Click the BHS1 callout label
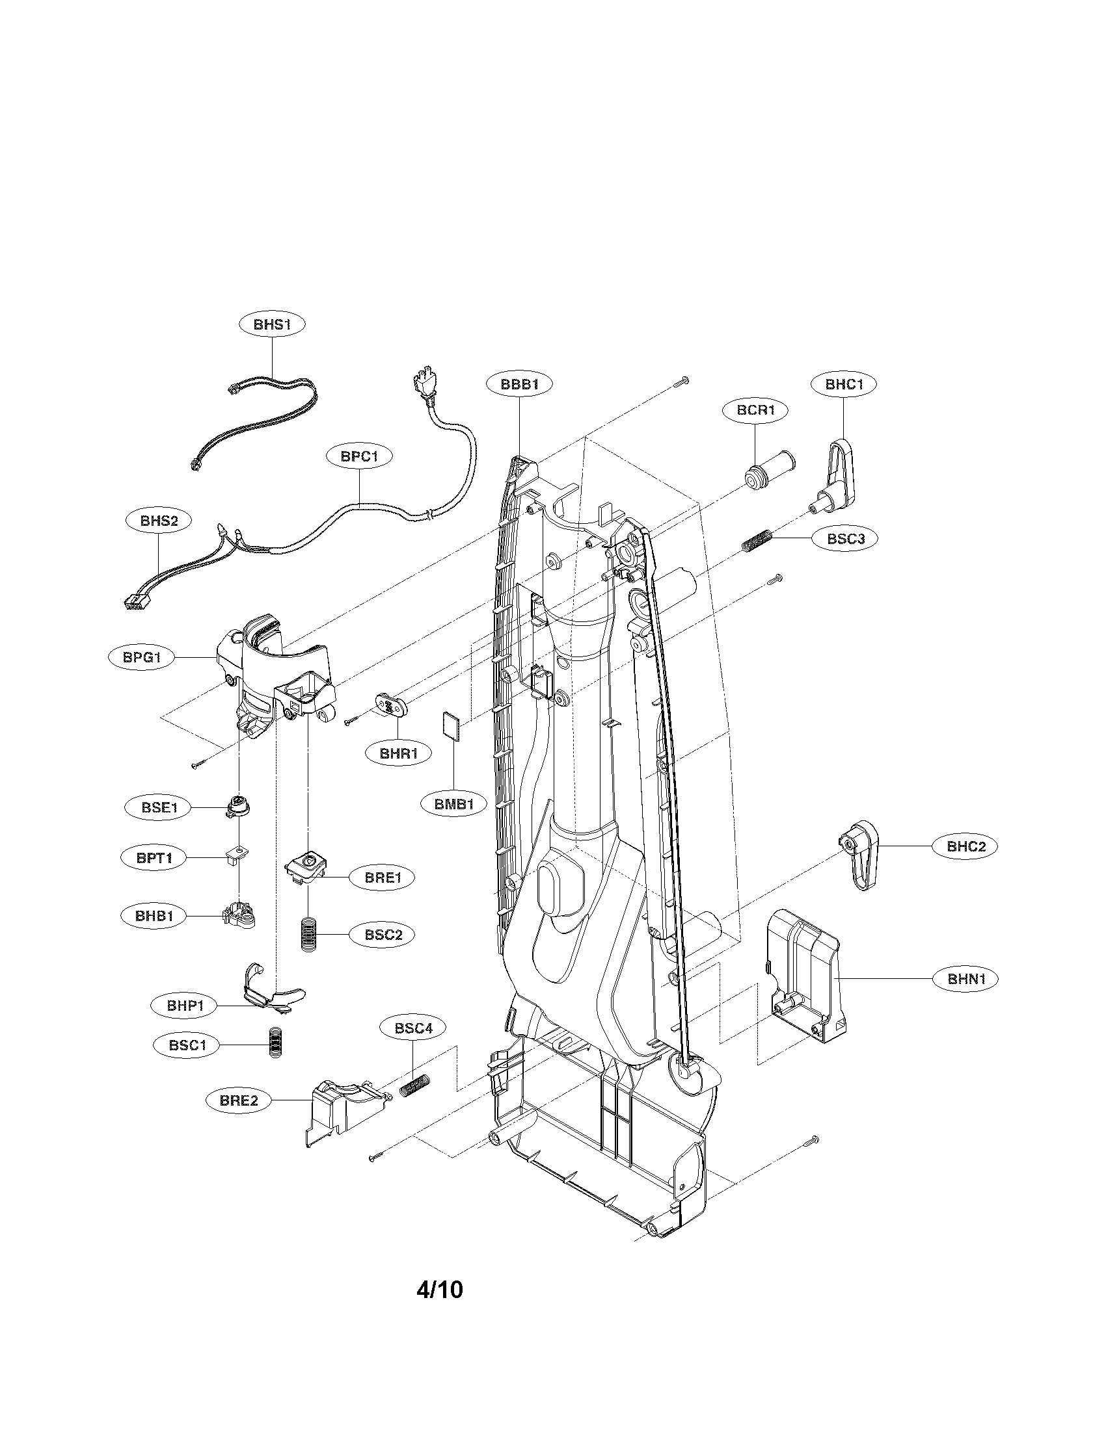coord(271,325)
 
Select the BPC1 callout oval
coord(359,456)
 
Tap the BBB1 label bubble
coord(519,384)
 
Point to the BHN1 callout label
coord(965,997)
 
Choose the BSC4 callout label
coord(412,1029)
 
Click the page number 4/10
coord(439,1308)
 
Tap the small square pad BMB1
coord(452,725)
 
